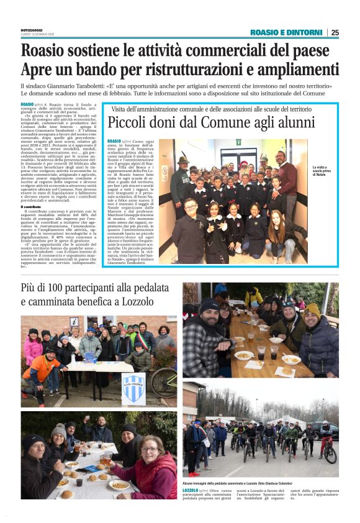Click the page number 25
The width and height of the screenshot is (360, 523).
tap(335, 32)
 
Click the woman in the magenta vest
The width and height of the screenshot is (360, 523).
tap(151, 471)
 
